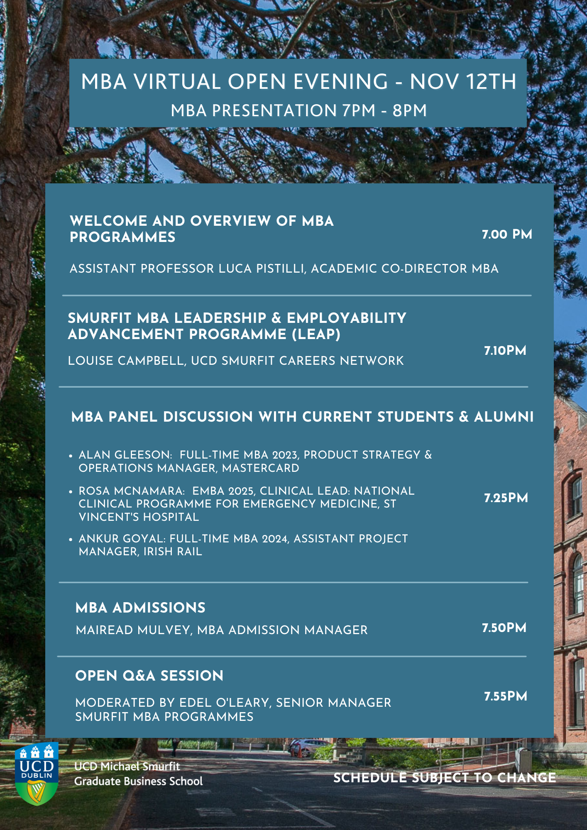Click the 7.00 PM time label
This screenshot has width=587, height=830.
point(507,234)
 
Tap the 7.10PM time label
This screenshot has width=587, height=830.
point(505,351)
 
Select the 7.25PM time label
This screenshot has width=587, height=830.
point(506,498)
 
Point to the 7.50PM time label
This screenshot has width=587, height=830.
point(504,628)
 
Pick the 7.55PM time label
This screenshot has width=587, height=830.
point(505,696)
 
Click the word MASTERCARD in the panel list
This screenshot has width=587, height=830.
point(261,468)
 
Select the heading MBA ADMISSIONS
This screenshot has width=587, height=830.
point(140,608)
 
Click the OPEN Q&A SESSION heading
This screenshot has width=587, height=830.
point(149,676)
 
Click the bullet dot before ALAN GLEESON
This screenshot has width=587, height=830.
point(71,456)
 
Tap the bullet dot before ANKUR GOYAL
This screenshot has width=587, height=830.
point(71,539)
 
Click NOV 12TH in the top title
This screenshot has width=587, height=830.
point(463,81)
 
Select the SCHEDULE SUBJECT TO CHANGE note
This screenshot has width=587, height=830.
point(444,778)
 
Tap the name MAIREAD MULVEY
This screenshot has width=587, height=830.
point(133,630)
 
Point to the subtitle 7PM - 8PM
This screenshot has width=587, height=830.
point(384,110)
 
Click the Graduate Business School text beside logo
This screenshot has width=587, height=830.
point(138,781)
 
